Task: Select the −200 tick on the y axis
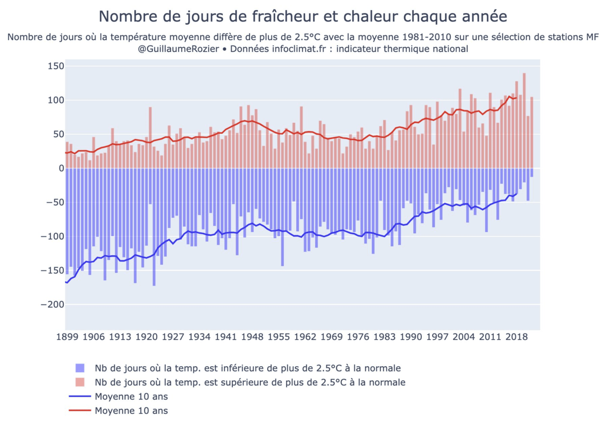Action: tap(52, 305)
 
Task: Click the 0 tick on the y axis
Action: tap(60, 168)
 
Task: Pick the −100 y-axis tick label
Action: tap(52, 236)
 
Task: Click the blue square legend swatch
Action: tap(80, 368)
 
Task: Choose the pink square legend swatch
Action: tap(80, 382)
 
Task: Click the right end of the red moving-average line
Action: tap(516, 98)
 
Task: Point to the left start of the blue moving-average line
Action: tap(66, 282)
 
